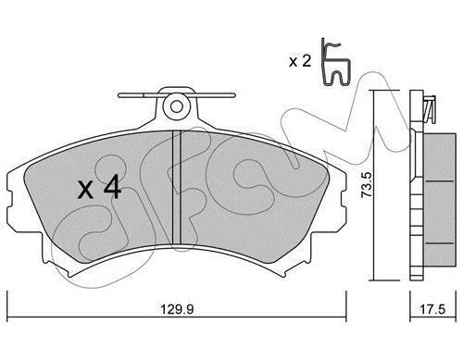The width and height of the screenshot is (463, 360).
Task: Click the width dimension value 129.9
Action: [177, 309]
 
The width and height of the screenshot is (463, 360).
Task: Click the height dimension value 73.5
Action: [367, 185]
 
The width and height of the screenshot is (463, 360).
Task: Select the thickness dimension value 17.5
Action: [432, 309]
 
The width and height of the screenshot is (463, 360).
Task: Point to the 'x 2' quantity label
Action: [300, 61]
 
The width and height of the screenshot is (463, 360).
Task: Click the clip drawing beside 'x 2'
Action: [335, 62]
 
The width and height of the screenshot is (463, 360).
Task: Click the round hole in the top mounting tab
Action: [176, 106]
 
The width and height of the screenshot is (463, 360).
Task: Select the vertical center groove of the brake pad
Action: [176, 187]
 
